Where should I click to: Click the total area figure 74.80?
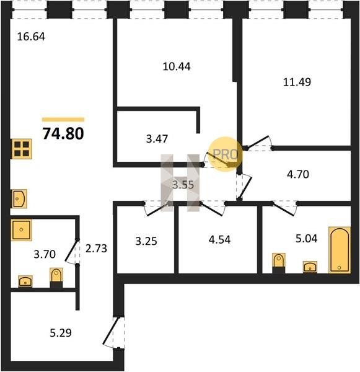click(x=63, y=133)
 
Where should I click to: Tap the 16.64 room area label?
click(x=31, y=37)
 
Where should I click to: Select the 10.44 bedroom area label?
click(x=177, y=67)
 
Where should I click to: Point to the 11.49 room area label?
click(x=297, y=82)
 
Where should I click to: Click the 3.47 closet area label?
click(x=157, y=139)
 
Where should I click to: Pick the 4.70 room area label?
click(x=298, y=174)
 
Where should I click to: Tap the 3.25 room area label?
click(x=146, y=241)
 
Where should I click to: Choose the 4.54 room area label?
click(x=219, y=240)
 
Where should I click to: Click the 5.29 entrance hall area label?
click(x=61, y=333)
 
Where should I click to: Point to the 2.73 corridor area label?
click(x=96, y=249)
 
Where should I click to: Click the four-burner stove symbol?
click(x=21, y=149)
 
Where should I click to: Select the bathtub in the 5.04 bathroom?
click(x=340, y=250)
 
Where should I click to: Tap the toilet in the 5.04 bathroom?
click(x=279, y=263)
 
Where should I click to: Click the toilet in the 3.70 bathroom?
click(x=56, y=278)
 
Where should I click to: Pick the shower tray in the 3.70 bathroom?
click(x=21, y=230)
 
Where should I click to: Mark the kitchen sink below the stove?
click(x=19, y=198)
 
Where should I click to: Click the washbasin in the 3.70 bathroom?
click(x=25, y=281)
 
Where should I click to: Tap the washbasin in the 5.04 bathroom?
click(x=310, y=267)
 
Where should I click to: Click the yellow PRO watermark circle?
click(x=226, y=154)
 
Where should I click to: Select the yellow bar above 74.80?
click(x=63, y=120)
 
